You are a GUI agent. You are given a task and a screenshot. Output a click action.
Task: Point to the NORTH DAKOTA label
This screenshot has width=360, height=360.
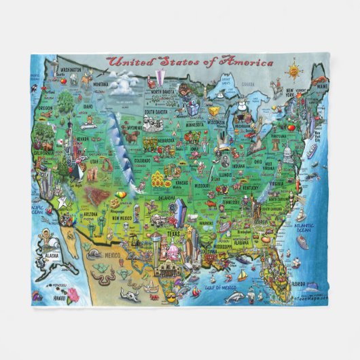(x=168, y=92)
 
